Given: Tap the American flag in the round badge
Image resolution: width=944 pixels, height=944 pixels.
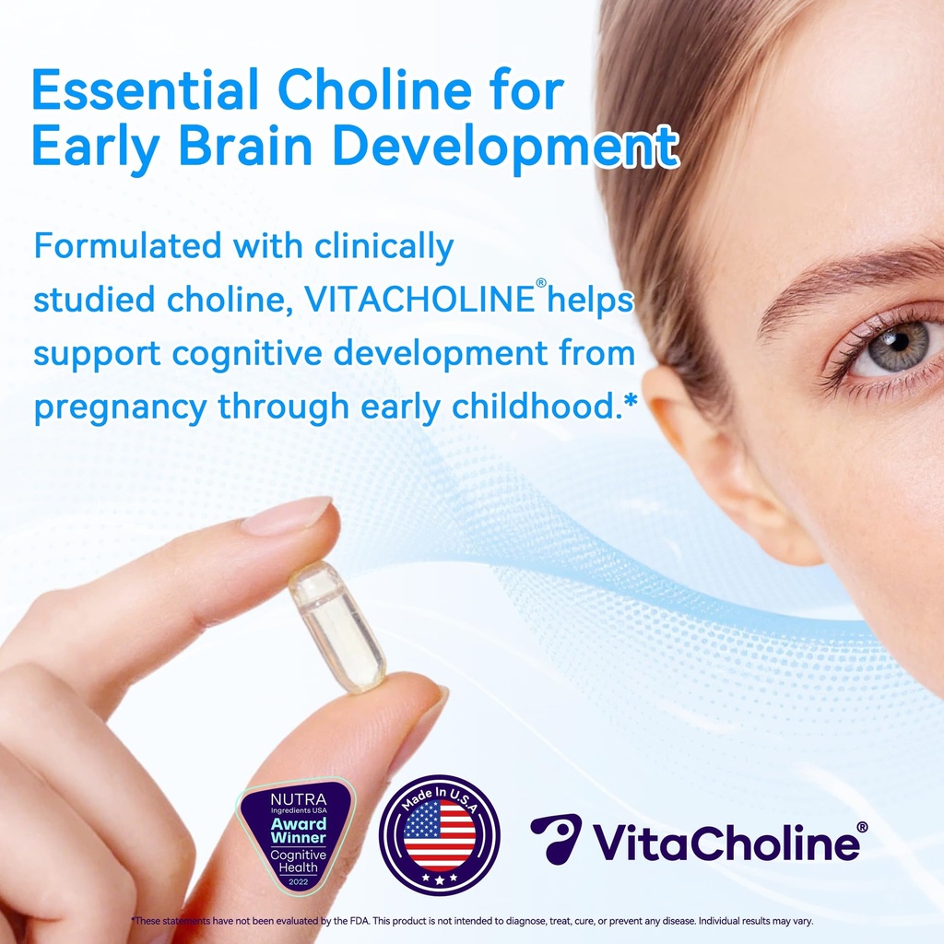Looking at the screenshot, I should [440, 835].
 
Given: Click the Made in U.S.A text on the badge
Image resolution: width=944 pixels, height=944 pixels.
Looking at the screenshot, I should [440, 796].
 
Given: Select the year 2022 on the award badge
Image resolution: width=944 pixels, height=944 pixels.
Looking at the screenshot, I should [297, 881].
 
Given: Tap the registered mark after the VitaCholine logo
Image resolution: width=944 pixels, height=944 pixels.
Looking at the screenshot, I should [862, 827].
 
